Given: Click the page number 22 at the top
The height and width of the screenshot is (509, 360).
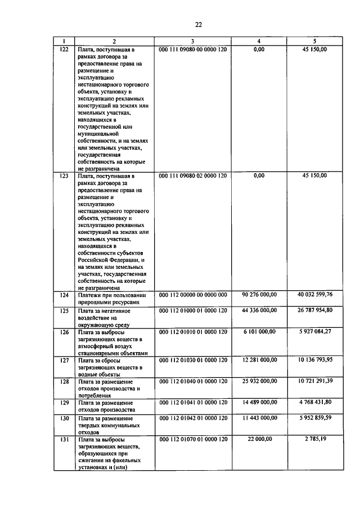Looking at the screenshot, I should [199, 24].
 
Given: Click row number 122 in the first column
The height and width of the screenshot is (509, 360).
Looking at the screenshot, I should [64, 49].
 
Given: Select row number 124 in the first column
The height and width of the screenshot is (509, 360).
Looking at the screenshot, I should [64, 294].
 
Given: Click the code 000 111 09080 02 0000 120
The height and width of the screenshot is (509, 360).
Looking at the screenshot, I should [193, 175].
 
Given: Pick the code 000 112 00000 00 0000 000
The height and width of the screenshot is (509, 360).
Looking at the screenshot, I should [193, 294].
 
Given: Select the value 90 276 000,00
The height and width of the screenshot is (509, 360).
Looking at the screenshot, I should [259, 294].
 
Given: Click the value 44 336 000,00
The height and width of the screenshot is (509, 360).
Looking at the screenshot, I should [259, 310].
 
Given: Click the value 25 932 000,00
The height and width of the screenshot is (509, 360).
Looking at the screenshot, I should [259, 381].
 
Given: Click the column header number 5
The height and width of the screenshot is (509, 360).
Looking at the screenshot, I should [314, 41].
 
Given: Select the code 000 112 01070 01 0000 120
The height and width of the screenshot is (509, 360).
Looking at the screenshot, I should [193, 438].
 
